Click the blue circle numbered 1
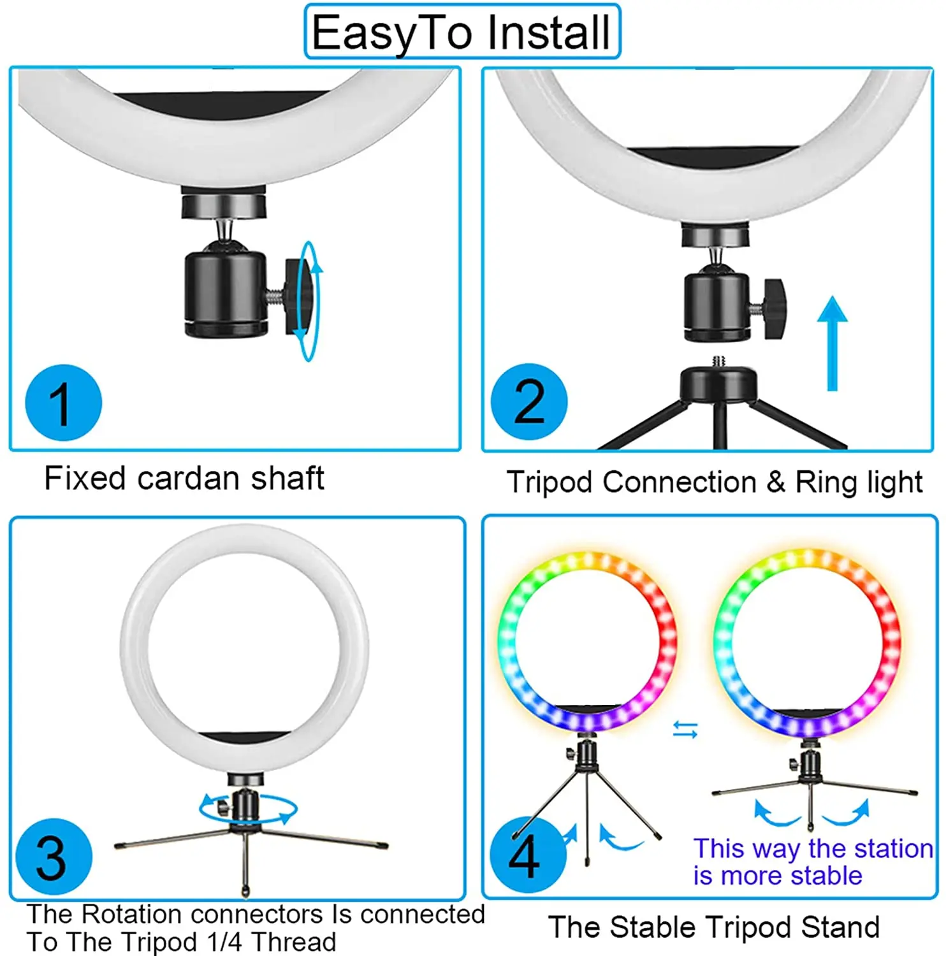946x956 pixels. pyautogui.click(x=63, y=403)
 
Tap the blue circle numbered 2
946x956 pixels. pyautogui.click(x=529, y=402)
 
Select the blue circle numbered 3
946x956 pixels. pyautogui.click(x=54, y=857)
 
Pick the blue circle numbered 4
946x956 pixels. pyautogui.click(x=527, y=855)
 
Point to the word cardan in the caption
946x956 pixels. pyautogui.click(x=189, y=479)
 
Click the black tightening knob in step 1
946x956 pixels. pyautogui.click(x=298, y=295)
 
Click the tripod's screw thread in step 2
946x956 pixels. pyautogui.click(x=718, y=361)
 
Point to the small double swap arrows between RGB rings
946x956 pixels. pyautogui.click(x=685, y=730)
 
